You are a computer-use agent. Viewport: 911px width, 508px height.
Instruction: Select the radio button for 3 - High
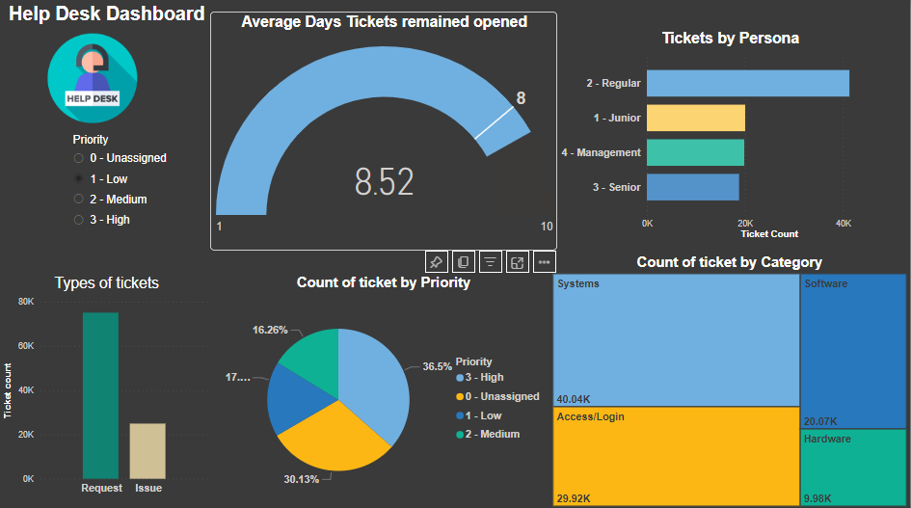point(78,220)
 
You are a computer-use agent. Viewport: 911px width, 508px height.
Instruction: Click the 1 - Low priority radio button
point(78,179)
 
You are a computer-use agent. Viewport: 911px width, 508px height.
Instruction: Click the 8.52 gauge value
point(384,181)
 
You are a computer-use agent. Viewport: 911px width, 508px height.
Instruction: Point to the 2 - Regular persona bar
point(747,83)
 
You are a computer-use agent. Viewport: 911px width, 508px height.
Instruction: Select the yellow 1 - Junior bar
point(695,118)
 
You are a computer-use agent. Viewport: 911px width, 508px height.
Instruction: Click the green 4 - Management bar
point(695,152)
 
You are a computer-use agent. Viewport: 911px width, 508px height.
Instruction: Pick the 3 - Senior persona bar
point(692,187)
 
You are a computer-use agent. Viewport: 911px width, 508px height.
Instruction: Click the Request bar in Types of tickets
point(100,395)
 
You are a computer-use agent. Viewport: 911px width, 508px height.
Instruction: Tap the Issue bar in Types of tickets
point(148,450)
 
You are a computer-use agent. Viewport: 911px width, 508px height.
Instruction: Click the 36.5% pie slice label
point(437,366)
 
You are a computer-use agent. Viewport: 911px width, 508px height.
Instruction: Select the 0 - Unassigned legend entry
point(497,396)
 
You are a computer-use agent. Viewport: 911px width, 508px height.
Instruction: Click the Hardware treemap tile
point(853,467)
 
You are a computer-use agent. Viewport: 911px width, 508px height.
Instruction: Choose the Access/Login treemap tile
point(676,455)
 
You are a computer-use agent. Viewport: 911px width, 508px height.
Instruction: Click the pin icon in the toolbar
point(436,261)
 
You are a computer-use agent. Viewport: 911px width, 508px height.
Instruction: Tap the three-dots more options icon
point(544,261)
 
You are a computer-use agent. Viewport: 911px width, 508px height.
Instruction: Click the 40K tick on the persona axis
point(844,223)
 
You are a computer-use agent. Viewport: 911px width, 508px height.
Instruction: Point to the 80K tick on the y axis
point(26,302)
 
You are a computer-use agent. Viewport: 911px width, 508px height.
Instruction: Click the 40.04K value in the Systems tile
point(573,398)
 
